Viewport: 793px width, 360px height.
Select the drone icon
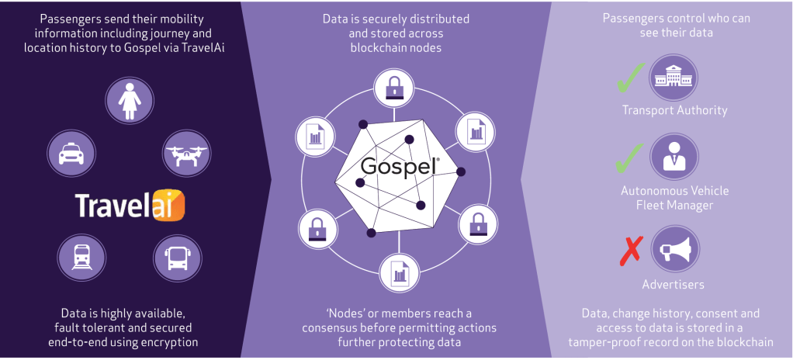pyautogui.click(x=185, y=151)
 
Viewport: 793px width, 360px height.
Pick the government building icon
pyautogui.click(x=672, y=75)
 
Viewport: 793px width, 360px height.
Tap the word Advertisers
pyautogui.click(x=673, y=284)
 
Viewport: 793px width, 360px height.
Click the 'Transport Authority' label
pyautogui.click(x=673, y=109)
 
